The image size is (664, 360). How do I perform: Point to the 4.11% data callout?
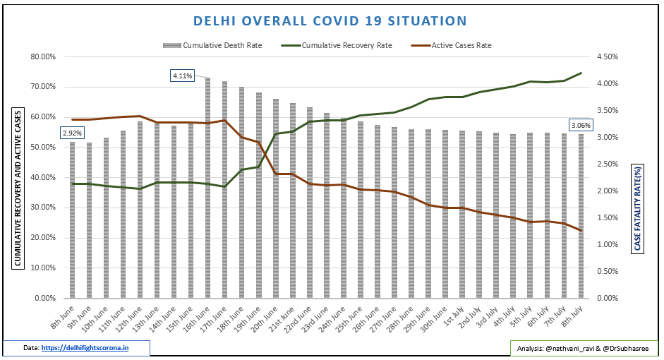point(182,76)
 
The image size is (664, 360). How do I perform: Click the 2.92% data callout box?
point(73,132)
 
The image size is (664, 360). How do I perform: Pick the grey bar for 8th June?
point(72,220)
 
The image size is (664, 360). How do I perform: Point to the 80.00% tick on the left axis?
point(44,56)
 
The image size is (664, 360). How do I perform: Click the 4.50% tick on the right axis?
point(609,56)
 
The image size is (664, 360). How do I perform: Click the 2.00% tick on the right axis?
point(609,191)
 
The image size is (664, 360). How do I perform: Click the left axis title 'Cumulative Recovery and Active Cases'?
point(18,188)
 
